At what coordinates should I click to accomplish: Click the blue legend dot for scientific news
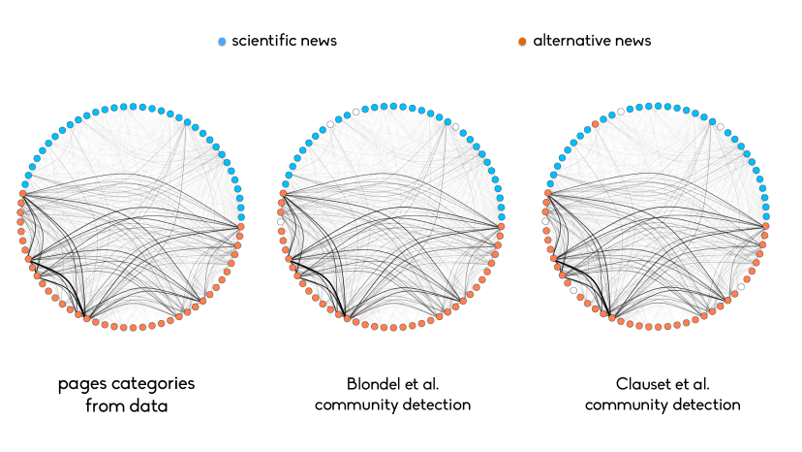[x=222, y=42]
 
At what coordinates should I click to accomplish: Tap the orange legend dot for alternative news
[x=522, y=42]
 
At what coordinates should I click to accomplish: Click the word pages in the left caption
[x=83, y=384]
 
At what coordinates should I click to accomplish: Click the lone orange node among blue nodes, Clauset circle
[x=596, y=123]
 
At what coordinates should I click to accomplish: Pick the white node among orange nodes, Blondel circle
[x=281, y=222]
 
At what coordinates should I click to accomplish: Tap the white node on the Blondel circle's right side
[x=455, y=127]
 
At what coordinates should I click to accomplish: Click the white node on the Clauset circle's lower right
[x=741, y=286]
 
